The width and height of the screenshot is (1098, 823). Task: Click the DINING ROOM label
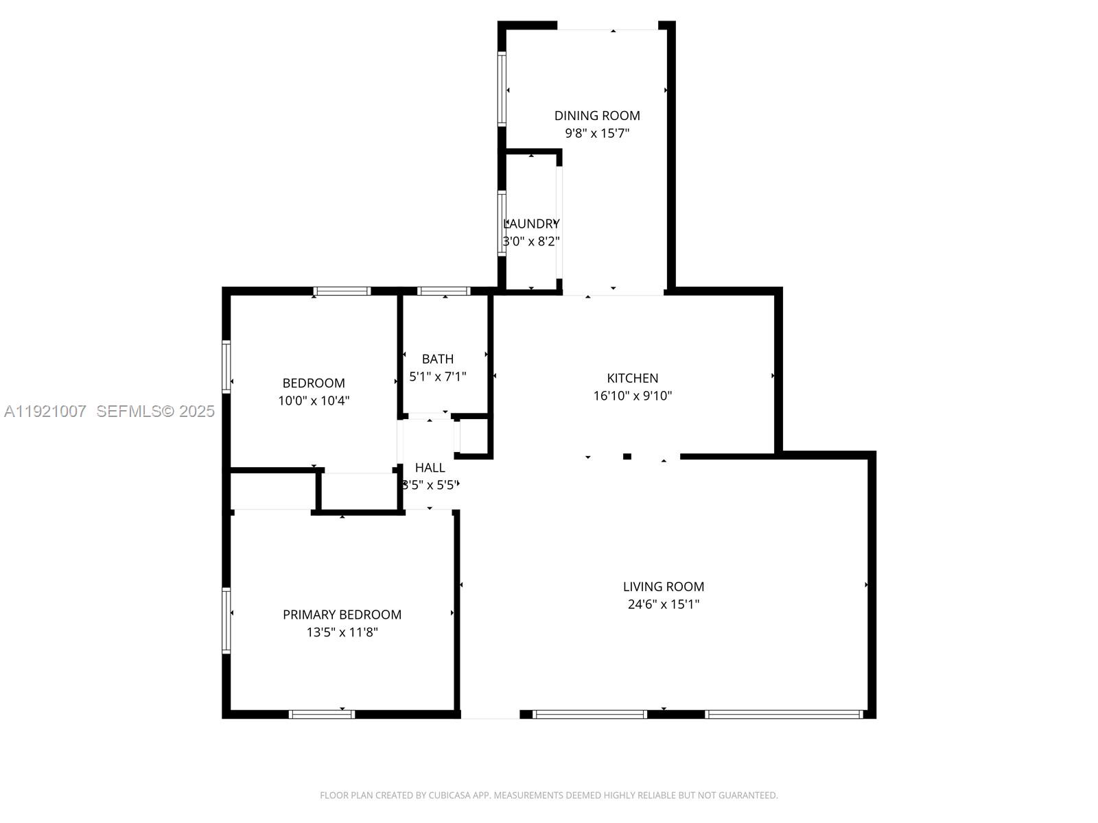tap(597, 116)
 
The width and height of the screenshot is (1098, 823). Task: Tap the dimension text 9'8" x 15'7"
tap(597, 133)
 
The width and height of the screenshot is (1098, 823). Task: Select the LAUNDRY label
tap(532, 224)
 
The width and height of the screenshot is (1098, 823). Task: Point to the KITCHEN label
tap(633, 378)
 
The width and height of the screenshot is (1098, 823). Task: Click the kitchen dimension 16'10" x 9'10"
tap(633, 396)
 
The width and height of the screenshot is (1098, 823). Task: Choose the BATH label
tap(438, 359)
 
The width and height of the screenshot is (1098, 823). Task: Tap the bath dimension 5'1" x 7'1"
tap(438, 377)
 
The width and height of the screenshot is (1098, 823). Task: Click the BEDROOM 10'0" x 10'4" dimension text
tap(314, 401)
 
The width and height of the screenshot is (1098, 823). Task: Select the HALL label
tap(430, 468)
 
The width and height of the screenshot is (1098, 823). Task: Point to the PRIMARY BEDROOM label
tap(342, 615)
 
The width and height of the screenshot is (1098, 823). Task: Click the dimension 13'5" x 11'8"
tap(342, 632)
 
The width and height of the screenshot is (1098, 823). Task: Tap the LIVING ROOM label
tap(664, 586)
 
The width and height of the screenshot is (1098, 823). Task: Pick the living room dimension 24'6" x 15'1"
tap(664, 604)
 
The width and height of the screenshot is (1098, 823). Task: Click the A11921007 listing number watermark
tap(45, 411)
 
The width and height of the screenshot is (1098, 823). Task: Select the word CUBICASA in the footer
tap(450, 796)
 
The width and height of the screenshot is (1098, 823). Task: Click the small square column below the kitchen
tap(627, 457)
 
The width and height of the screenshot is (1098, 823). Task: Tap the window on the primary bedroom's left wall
tap(226, 620)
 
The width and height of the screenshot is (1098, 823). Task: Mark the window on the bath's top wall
tap(444, 291)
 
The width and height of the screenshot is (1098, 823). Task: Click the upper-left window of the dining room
tap(502, 89)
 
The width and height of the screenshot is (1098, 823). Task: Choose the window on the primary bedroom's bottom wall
tap(322, 715)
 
